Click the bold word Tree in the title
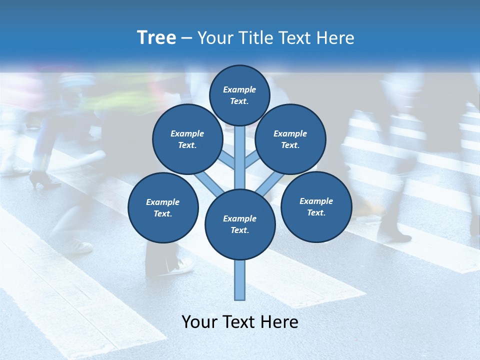(x=156, y=38)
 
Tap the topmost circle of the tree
(x=239, y=95)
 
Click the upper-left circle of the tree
(x=187, y=139)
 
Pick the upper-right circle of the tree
(x=290, y=139)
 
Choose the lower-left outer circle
(x=163, y=207)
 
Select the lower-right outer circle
(x=316, y=206)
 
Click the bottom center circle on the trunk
(x=240, y=224)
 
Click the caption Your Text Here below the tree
(x=240, y=322)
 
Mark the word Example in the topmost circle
(x=239, y=90)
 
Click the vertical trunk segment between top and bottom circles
(x=240, y=157)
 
